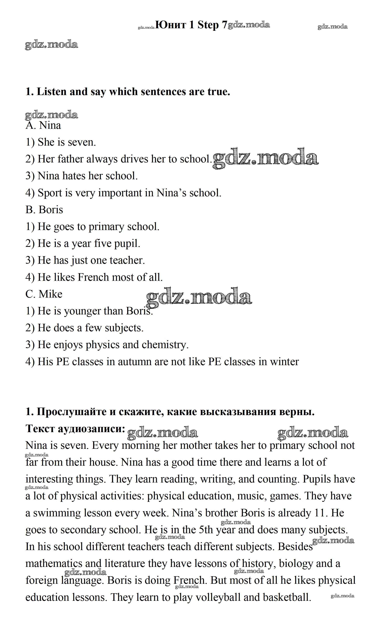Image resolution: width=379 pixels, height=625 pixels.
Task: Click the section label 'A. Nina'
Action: point(43,125)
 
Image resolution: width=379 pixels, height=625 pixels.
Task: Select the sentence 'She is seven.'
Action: point(61,142)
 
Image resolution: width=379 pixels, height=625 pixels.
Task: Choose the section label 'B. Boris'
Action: point(44,210)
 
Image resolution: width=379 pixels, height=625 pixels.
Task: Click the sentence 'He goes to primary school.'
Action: point(93,227)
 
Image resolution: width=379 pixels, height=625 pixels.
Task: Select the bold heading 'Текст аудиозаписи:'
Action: point(75,429)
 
